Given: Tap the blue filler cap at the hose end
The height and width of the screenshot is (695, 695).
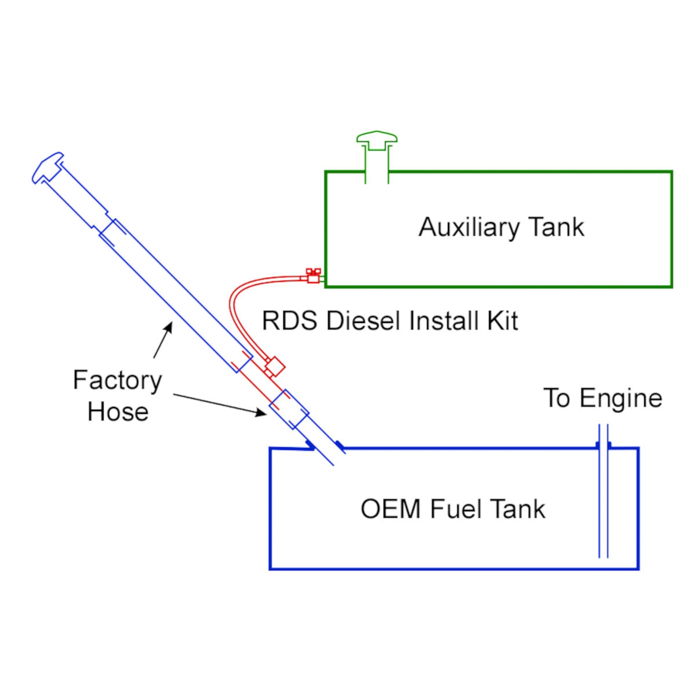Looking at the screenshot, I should click(x=48, y=168).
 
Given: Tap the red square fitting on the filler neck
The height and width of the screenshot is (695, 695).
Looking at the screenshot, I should click(x=275, y=367).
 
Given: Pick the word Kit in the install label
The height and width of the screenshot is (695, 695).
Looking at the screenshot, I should click(x=502, y=321).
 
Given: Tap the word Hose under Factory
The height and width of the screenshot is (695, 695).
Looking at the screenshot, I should click(x=118, y=412).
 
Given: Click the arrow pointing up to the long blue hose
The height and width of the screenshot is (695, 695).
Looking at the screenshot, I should click(x=162, y=340).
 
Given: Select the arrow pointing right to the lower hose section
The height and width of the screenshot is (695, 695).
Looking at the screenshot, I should click(x=220, y=405).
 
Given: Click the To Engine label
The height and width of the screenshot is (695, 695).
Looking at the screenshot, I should click(x=603, y=398).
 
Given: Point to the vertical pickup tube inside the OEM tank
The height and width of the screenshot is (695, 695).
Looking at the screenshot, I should click(x=603, y=504).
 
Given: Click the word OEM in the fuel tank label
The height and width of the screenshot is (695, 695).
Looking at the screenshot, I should click(x=390, y=509).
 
